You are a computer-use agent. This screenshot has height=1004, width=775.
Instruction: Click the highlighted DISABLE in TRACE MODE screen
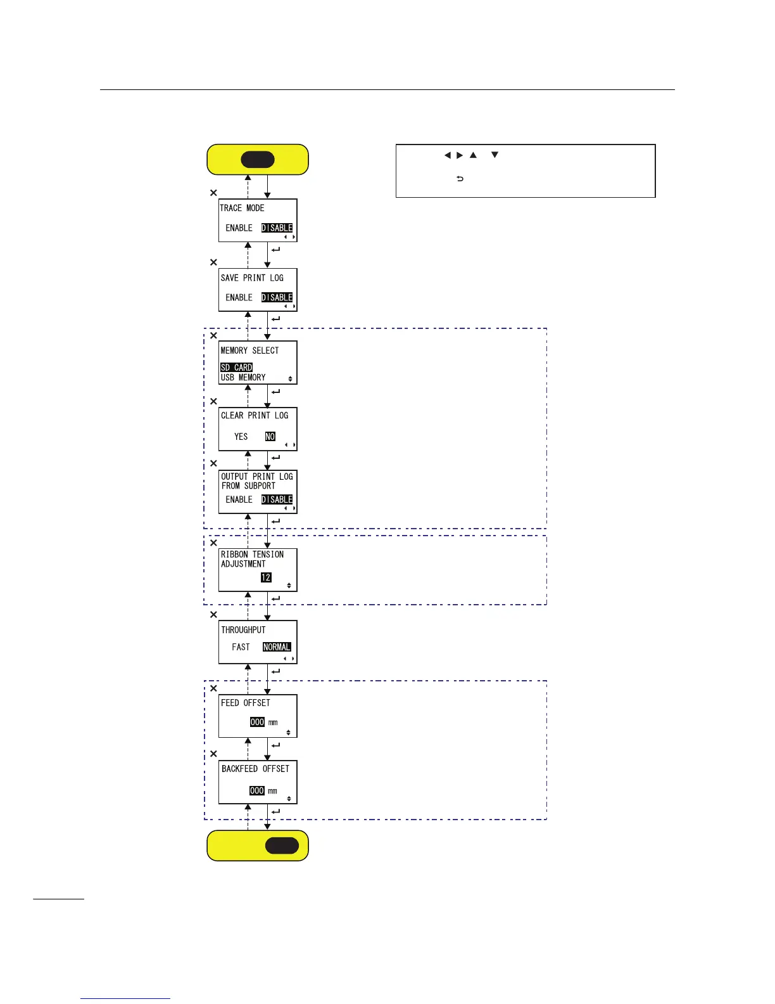tap(277, 228)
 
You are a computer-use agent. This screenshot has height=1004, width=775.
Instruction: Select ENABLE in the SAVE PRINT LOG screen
tap(239, 297)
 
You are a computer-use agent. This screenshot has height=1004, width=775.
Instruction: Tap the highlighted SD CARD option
tap(236, 368)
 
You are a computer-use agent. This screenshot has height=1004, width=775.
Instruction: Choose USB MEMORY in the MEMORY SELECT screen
tap(243, 378)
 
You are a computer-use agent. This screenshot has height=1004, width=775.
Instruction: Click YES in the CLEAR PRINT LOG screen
tap(241, 437)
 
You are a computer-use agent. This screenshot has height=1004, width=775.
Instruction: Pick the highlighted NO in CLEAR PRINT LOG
tap(270, 437)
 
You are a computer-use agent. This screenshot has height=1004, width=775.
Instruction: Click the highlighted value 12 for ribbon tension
tap(266, 577)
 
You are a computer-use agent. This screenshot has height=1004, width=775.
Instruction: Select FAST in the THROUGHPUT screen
tap(241, 647)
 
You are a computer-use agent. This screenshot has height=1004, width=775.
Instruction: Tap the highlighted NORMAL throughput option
tap(277, 647)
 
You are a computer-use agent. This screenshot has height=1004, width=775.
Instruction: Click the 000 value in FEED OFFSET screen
tap(257, 722)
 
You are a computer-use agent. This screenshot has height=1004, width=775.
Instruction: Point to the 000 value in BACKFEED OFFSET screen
tap(256, 791)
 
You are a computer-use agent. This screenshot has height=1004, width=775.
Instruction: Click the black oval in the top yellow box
tap(258, 160)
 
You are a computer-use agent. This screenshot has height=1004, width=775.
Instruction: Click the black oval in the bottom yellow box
tap(282, 846)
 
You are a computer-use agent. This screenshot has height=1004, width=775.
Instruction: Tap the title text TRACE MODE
tap(242, 208)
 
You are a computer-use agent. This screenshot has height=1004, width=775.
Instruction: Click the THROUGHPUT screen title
tap(243, 630)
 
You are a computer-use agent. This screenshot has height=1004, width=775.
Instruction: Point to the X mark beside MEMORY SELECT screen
tap(213, 335)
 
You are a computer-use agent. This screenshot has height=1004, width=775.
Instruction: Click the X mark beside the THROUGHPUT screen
tap(213, 614)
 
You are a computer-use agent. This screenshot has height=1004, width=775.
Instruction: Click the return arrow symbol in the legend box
tap(460, 179)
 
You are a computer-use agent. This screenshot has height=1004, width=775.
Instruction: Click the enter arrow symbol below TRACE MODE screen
tap(275, 250)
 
